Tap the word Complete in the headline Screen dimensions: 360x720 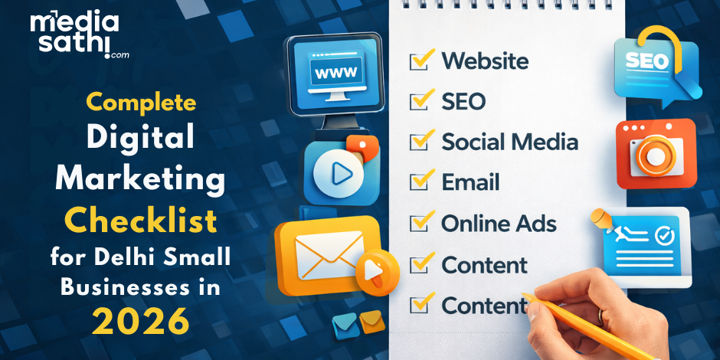tap(141, 102)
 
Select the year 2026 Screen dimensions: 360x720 tap(141, 322)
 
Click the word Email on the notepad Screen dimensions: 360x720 tap(470, 182)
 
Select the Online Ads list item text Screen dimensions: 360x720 tap(499, 224)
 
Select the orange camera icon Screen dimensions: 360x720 tap(656, 154)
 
